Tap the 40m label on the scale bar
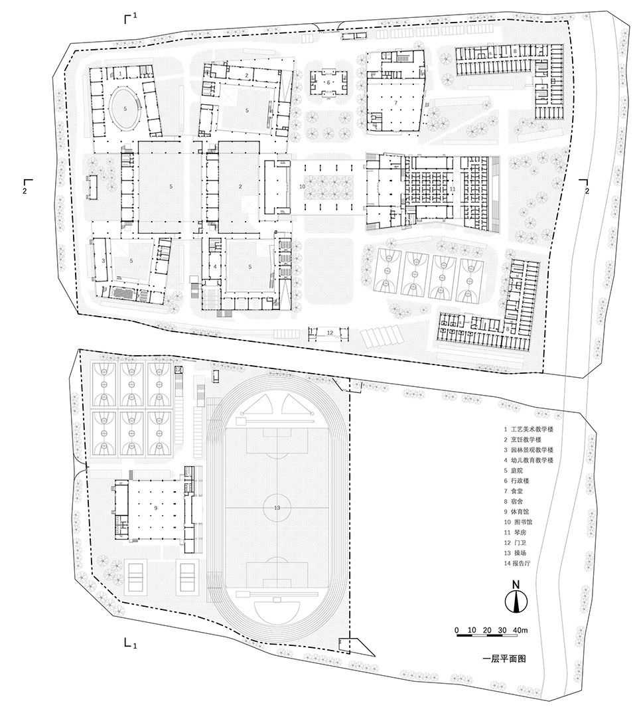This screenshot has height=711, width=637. coord(520,629)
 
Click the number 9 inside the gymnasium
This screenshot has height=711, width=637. coord(155,507)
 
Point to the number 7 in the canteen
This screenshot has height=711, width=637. coord(395,103)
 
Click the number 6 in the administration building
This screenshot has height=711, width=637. coord(328,82)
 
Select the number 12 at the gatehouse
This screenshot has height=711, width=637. coord(329,331)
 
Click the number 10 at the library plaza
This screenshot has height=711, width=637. coord(302,187)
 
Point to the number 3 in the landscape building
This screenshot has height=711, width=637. coord(104,262)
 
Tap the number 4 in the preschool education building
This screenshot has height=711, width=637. coord(216,267)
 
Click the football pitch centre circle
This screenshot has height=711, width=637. coord(277,507)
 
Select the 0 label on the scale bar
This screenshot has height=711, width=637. coord(456,629)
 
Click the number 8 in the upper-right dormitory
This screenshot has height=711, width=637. coord(515,51)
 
